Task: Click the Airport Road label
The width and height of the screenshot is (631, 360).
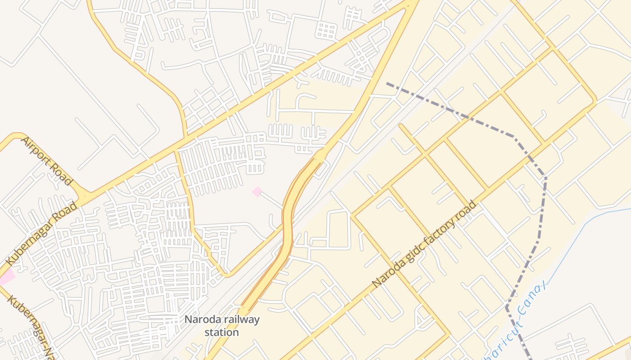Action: pyautogui.click(x=46, y=161)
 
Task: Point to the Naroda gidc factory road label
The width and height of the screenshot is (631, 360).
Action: pyautogui.click(x=424, y=245)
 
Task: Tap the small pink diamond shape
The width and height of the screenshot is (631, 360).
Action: pyautogui.click(x=257, y=192)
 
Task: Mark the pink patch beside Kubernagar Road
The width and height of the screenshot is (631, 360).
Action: pyautogui.click(x=6, y=277)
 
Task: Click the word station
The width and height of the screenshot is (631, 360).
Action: pyautogui.click(x=221, y=333)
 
